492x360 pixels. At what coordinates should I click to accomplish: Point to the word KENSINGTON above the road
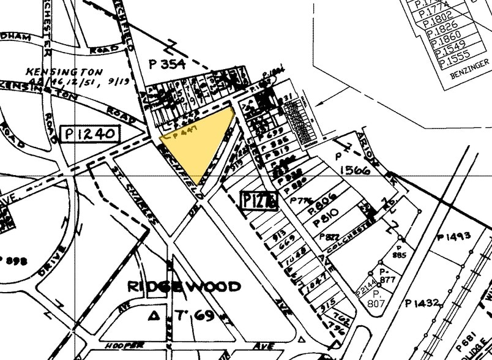54,72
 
